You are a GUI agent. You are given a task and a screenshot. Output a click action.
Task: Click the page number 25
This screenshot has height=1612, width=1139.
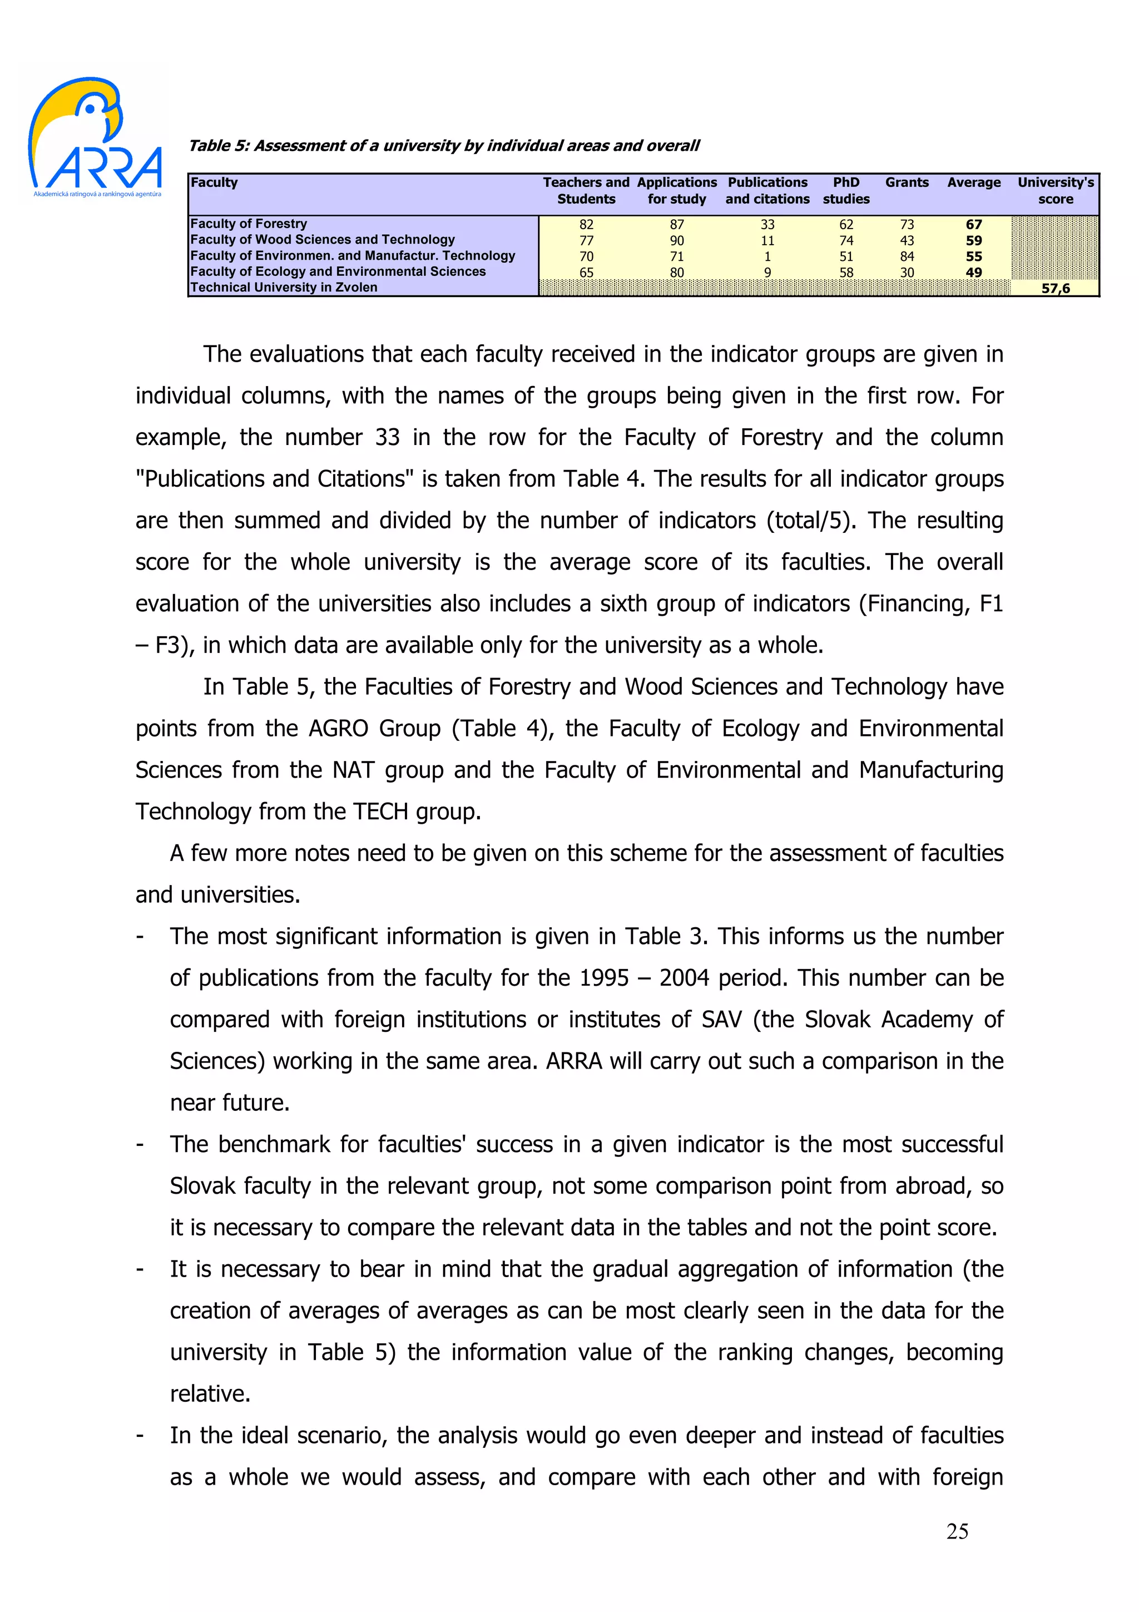tap(957, 1531)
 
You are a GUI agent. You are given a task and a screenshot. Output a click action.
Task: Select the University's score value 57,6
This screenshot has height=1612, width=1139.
tap(1055, 289)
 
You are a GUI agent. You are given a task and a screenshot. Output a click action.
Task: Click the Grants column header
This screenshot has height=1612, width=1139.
tap(907, 182)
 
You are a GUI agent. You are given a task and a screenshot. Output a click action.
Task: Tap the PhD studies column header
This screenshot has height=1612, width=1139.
tap(846, 190)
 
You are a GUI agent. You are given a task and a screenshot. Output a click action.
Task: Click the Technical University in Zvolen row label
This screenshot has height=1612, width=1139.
tap(284, 287)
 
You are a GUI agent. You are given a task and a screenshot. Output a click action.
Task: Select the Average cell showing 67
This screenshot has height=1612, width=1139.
tap(973, 225)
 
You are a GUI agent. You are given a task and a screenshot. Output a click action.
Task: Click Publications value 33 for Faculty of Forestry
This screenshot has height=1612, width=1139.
tap(767, 225)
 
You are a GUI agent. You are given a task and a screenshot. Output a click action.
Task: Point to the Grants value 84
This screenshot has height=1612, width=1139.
tap(907, 256)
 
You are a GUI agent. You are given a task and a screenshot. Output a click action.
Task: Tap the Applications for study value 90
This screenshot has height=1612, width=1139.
tap(676, 241)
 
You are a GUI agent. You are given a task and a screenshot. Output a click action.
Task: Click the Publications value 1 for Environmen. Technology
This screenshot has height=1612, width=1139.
tap(767, 256)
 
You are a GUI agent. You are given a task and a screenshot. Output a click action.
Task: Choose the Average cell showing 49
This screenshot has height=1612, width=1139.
tap(973, 273)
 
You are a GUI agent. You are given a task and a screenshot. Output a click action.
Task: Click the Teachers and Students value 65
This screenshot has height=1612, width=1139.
tap(586, 273)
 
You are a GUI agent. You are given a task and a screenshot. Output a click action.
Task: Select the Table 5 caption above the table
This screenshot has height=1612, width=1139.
tap(443, 146)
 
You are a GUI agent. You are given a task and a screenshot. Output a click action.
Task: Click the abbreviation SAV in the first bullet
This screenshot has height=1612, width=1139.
tap(721, 1020)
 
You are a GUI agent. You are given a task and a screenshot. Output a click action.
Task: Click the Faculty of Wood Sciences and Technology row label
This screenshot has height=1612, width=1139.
tap(322, 239)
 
